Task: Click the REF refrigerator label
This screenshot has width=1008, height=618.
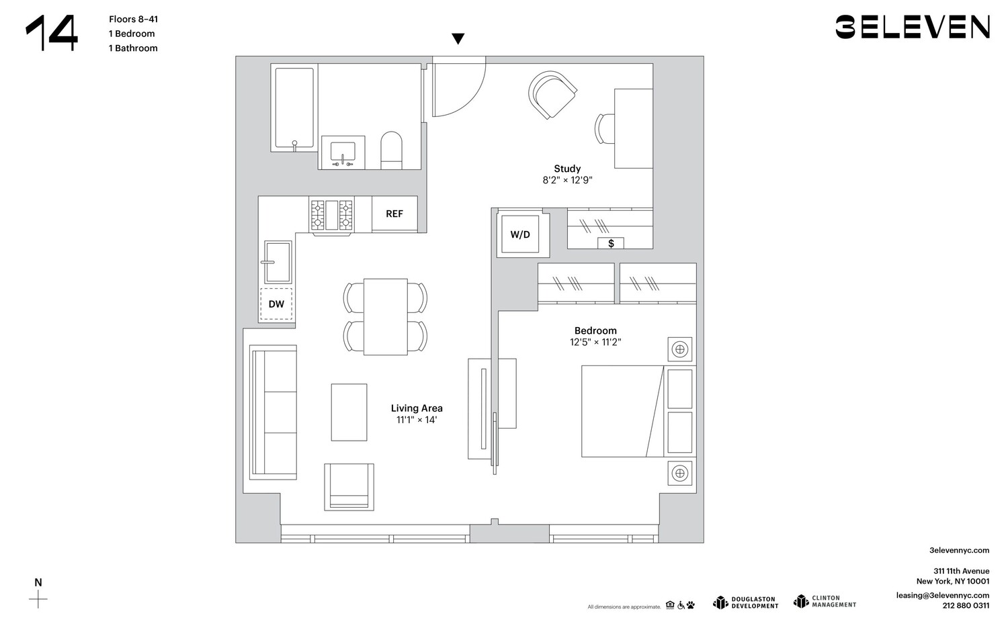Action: [x=394, y=214]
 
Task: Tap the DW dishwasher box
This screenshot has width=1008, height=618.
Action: [x=276, y=304]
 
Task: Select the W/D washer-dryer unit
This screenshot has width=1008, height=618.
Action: [x=520, y=234]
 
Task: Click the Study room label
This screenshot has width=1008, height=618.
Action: [x=567, y=169]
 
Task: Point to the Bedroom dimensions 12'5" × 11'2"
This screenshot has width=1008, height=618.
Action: [x=595, y=343]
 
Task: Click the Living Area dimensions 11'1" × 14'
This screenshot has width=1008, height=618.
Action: [x=417, y=420]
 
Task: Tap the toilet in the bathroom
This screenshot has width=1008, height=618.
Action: [x=391, y=150]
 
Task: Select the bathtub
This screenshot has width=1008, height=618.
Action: [x=294, y=107]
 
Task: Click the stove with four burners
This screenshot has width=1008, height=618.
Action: [x=332, y=215]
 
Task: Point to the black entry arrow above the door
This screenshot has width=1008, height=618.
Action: [x=458, y=39]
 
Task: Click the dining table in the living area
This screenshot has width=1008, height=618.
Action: [x=386, y=316]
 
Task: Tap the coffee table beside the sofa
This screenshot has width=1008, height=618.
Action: [x=349, y=412]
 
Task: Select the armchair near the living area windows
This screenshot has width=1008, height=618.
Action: [x=349, y=486]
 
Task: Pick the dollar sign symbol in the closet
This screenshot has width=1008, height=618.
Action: [x=611, y=243]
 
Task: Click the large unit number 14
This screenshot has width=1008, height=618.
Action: [x=52, y=33]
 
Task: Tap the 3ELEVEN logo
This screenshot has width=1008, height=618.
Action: [x=913, y=27]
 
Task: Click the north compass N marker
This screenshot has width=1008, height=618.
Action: [x=38, y=582]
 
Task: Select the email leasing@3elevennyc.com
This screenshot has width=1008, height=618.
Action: [x=943, y=595]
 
